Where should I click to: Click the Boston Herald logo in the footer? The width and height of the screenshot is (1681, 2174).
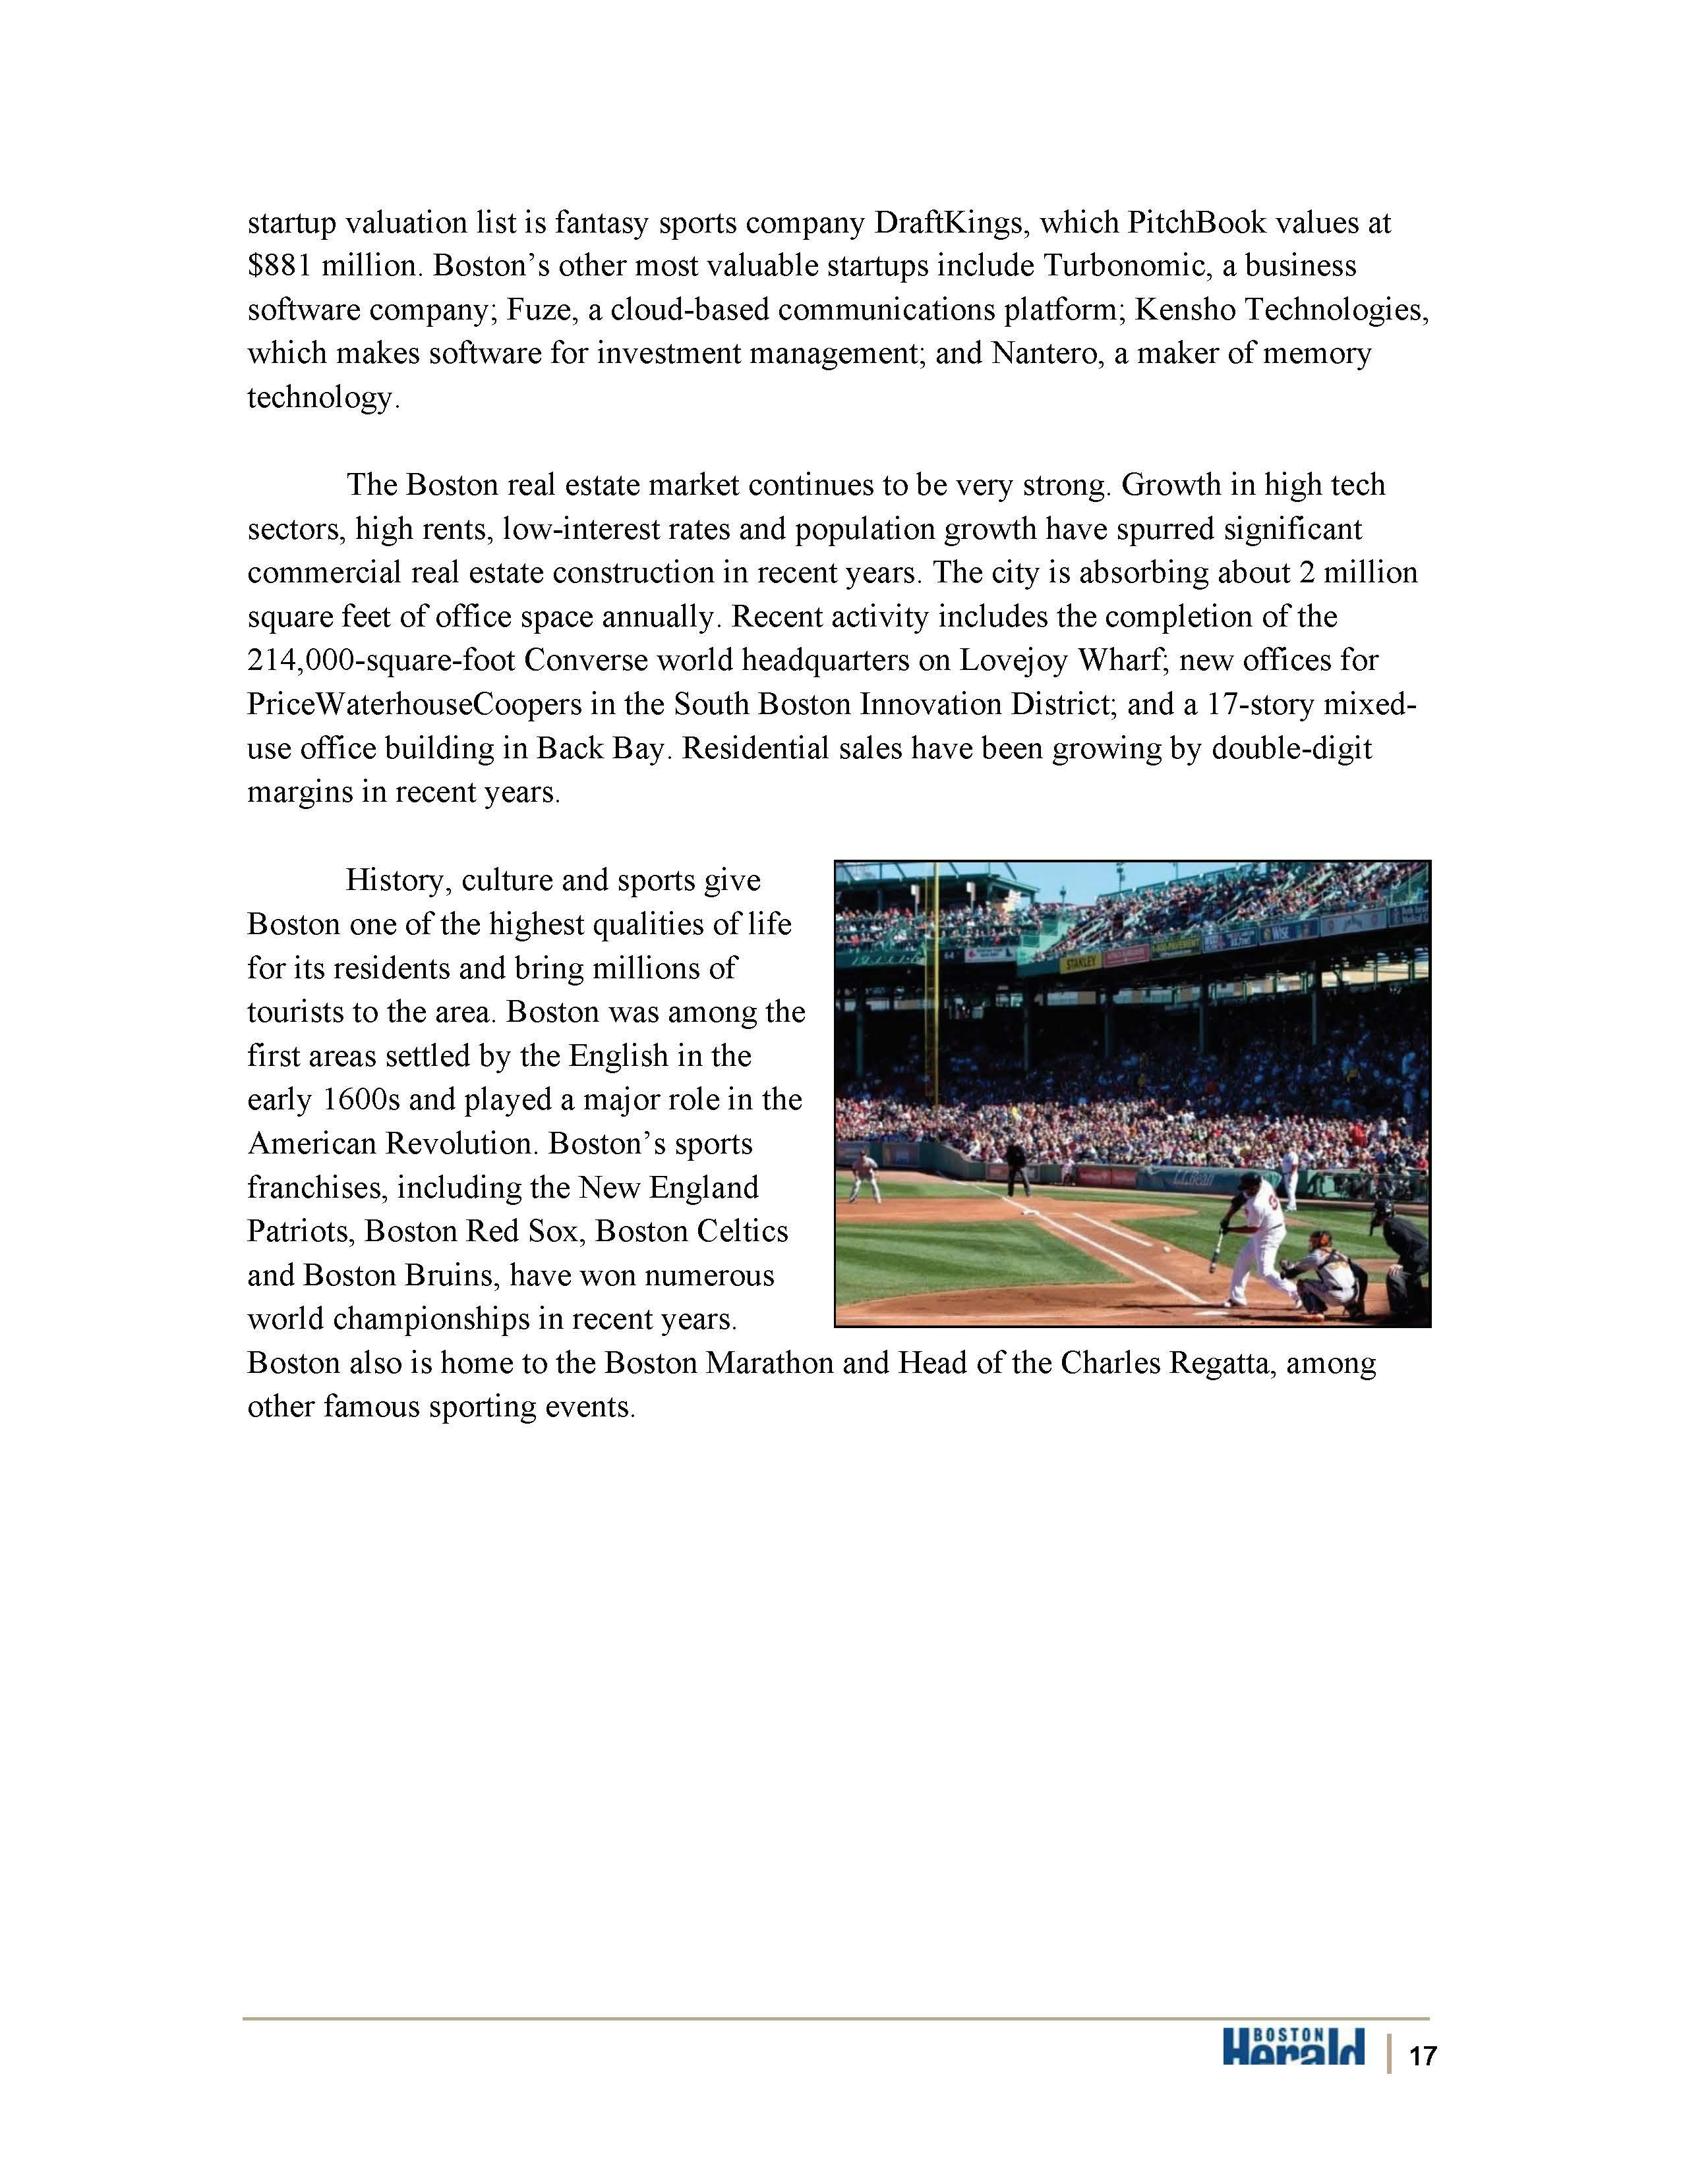[1293, 2047]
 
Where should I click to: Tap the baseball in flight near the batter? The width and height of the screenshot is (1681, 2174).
[1165, 1247]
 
